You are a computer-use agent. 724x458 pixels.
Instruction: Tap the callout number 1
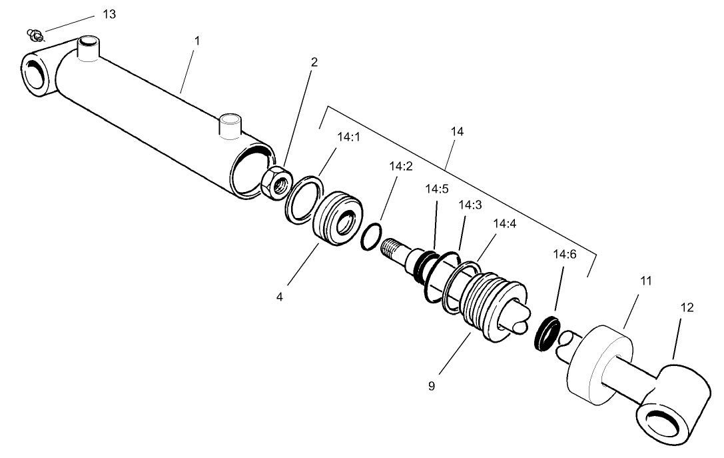196,41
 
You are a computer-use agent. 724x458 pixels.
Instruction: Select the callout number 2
314,63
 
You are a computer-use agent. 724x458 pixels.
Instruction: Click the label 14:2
402,166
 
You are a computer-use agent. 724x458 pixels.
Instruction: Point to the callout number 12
687,307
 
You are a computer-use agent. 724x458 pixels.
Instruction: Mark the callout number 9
432,385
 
